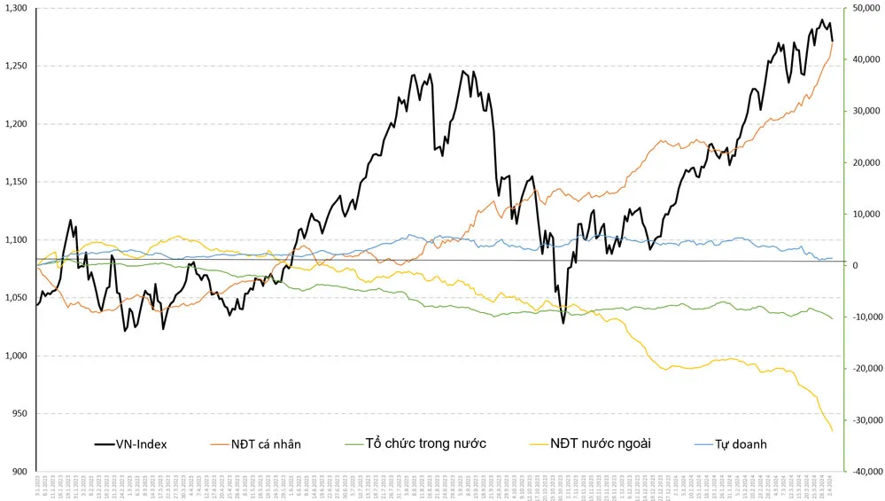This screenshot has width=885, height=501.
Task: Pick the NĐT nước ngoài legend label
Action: (x=600, y=443)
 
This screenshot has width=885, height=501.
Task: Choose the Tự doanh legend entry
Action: (x=741, y=443)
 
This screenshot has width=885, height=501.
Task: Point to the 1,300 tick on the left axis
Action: (x=17, y=8)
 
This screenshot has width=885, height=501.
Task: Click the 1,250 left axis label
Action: (x=17, y=67)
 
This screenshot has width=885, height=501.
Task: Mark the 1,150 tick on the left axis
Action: (x=17, y=182)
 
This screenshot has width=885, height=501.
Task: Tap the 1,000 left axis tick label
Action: (x=17, y=356)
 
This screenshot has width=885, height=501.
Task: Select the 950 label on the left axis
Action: (x=19, y=414)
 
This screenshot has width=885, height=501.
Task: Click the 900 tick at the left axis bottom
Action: (x=19, y=472)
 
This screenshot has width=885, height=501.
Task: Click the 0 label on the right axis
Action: (x=853, y=265)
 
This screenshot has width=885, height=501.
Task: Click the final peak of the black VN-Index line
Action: (x=821, y=20)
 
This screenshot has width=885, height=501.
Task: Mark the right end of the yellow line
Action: (x=833, y=431)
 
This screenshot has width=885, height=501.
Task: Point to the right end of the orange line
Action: (x=833, y=43)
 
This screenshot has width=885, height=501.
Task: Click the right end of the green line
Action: (x=833, y=318)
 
